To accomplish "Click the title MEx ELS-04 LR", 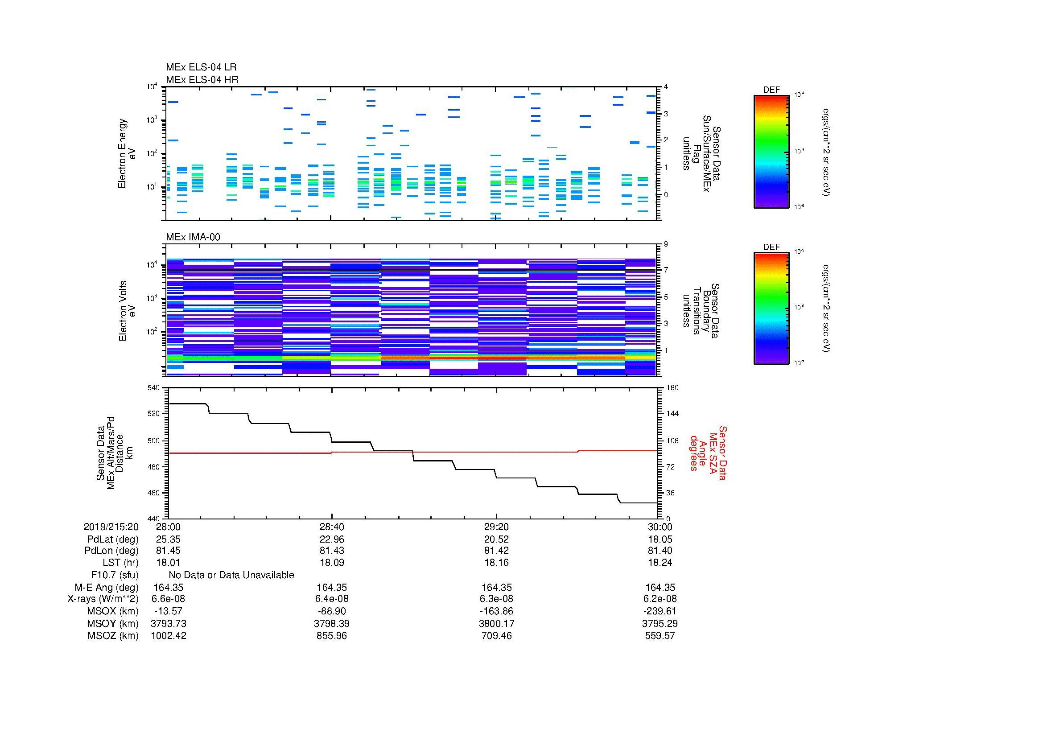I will click(201, 67).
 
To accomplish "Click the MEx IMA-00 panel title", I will click(193, 237).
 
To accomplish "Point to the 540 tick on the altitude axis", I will click(155, 388).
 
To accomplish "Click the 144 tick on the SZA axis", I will click(672, 414).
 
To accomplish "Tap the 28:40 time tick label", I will click(332, 527).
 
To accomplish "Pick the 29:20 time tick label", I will click(496, 527).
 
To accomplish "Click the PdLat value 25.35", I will click(169, 539).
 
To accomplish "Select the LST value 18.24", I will click(660, 562).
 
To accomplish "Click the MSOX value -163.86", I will click(496, 611).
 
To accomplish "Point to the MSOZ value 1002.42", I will click(169, 636).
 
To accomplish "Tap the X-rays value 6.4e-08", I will click(332, 599).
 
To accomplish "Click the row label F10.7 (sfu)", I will click(115, 575).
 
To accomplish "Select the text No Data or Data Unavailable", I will click(231, 575).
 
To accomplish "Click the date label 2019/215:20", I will click(111, 527).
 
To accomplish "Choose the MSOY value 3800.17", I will click(496, 623).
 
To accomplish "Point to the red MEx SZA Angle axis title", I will click(707, 453).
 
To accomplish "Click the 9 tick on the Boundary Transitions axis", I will click(666, 244).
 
